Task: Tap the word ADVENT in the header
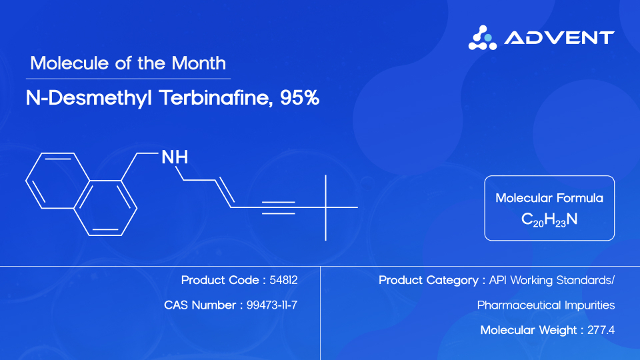[559, 37]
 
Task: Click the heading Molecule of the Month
[128, 64]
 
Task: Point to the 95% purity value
[300, 98]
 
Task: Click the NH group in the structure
[175, 157]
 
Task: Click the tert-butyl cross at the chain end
[325, 207]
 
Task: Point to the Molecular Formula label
[549, 198]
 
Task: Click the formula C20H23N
[549, 219]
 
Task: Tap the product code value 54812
[283, 280]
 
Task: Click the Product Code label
[223, 280]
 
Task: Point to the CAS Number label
[199, 305]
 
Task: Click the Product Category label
[429, 280]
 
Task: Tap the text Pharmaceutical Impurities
[546, 305]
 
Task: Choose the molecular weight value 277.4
[601, 330]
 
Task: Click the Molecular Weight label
[529, 330]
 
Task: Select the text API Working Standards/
[551, 280]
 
